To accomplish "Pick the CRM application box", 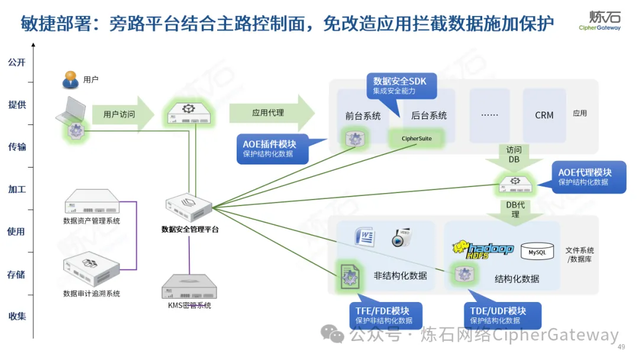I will (x=544, y=115).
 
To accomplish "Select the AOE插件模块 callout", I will (x=277, y=148).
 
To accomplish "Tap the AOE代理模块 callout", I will (x=588, y=176).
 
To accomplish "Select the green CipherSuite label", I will (x=417, y=139).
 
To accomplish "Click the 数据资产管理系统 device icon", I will (x=91, y=202).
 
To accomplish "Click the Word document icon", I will (x=365, y=237).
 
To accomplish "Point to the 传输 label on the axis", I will (x=17, y=147).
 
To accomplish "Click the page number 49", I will (x=621, y=347).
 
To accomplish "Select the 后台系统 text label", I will (x=429, y=115).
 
